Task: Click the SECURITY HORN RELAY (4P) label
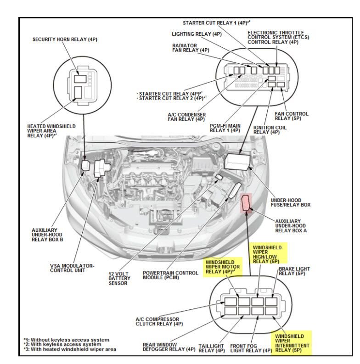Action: point(65,40)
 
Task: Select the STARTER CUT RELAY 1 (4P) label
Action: point(216,22)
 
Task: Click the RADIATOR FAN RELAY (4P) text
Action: point(191,48)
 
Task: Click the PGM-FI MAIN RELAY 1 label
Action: point(225,128)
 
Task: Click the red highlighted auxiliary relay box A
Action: point(247,202)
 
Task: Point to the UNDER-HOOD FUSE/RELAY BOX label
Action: point(291,202)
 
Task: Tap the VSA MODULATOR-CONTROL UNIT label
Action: point(72,268)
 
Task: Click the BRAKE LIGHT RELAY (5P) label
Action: point(295,271)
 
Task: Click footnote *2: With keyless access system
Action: point(62,344)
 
